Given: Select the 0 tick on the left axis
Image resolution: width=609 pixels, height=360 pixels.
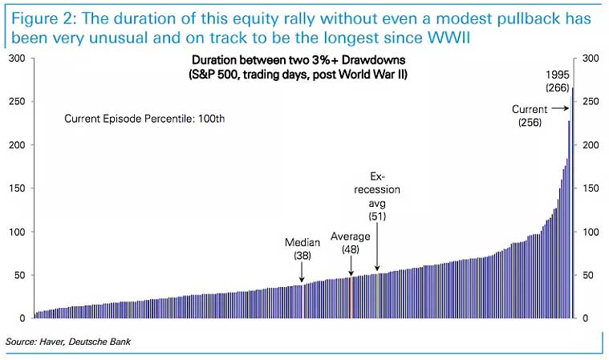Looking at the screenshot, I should point(22,318).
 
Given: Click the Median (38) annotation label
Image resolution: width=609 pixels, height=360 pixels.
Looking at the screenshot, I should point(302,249).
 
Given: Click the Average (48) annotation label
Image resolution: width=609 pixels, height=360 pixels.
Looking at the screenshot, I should point(351,243).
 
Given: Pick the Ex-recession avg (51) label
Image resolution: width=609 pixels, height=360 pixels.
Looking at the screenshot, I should point(377,196).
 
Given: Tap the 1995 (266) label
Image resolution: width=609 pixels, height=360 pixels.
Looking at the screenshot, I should point(557,81).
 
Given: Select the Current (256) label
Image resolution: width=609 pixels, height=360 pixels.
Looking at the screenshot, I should point(530,115).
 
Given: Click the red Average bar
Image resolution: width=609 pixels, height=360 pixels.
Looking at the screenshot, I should point(351,297).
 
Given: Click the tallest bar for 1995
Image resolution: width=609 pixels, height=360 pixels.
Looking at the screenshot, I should point(572,200).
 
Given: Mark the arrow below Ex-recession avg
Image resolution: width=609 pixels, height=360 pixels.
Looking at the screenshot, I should point(377,249).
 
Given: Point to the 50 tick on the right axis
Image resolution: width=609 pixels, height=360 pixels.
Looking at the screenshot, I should point(590,275).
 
